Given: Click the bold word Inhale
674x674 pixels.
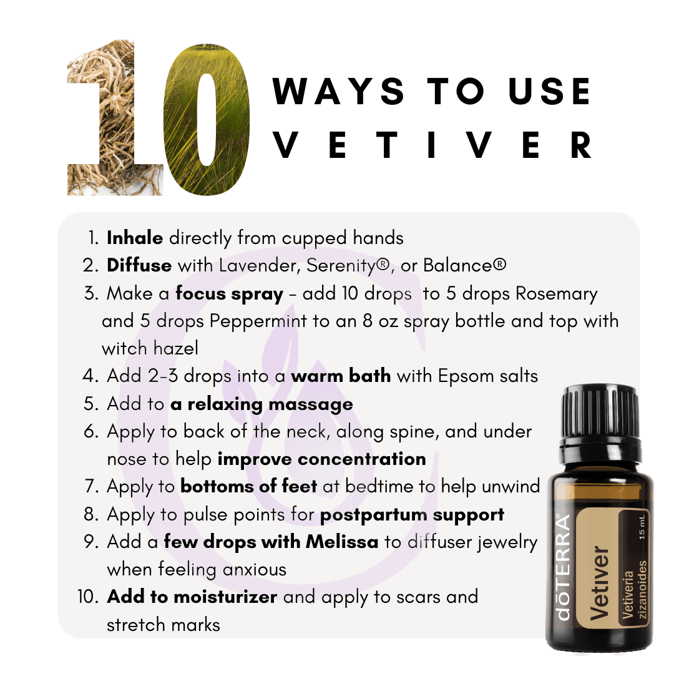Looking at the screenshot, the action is [135, 238].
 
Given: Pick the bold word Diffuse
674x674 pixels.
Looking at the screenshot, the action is [139, 265].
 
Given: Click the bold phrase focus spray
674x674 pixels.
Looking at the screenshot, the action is [230, 294].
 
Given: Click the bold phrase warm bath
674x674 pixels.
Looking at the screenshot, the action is [341, 376].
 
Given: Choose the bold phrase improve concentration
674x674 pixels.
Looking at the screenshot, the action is [321, 459].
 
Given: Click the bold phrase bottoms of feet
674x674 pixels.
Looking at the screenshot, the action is [249, 486].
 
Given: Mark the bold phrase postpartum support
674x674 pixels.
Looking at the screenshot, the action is [413, 515].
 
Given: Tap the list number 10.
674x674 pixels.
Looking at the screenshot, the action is [88, 597].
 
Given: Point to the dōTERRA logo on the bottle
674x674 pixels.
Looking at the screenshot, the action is [563, 567].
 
